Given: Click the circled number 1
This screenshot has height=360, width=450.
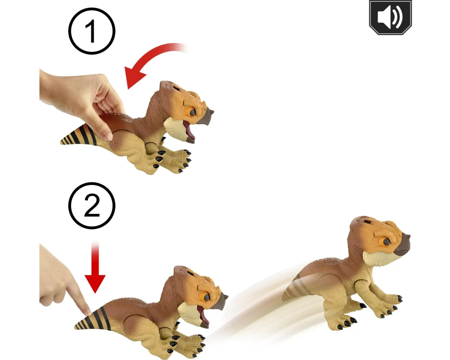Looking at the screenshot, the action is [x=92, y=31].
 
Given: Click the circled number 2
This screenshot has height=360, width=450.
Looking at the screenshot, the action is [x=92, y=206].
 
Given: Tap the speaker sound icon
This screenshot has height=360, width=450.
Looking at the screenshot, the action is [x=390, y=18].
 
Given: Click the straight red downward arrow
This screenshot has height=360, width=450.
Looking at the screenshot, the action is [x=95, y=267].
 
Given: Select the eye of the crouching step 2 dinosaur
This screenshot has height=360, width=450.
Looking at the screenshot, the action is [x=206, y=297].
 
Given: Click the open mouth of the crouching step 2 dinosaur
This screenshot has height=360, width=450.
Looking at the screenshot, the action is [x=202, y=316].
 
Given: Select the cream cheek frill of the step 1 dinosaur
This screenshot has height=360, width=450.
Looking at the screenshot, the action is [x=175, y=128].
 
